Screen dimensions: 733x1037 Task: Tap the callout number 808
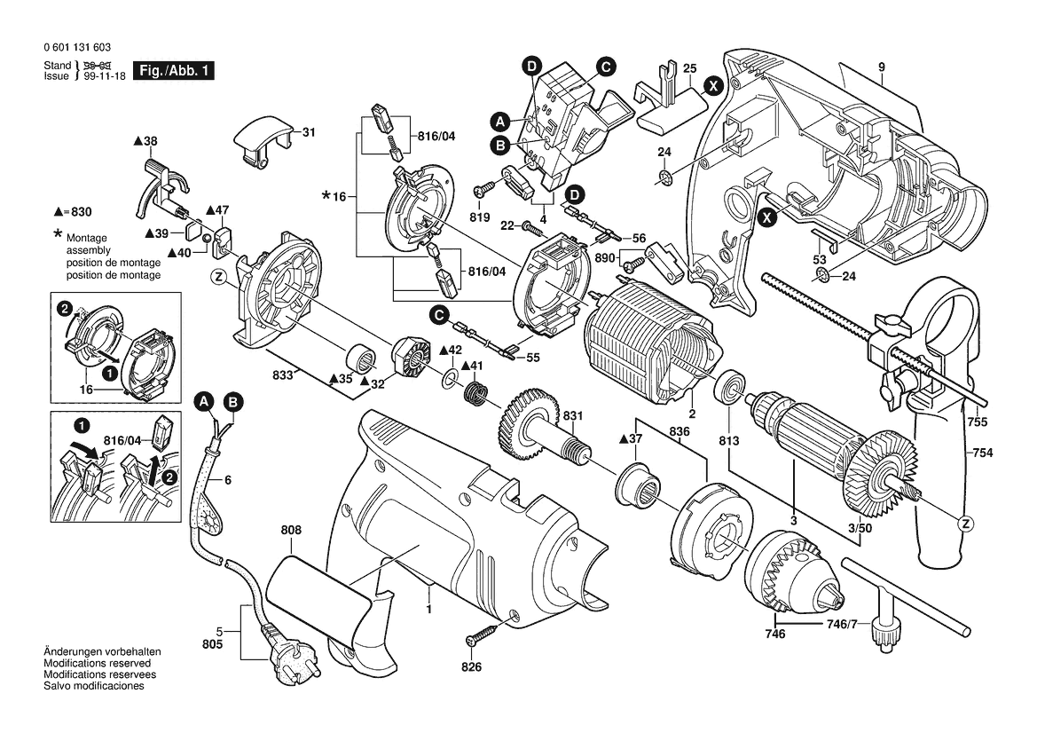pos(291,530)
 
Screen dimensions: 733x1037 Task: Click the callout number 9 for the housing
pos(883,67)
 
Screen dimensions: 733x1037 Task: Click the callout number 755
pos(978,422)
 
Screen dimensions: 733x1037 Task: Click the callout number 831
pos(573,416)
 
